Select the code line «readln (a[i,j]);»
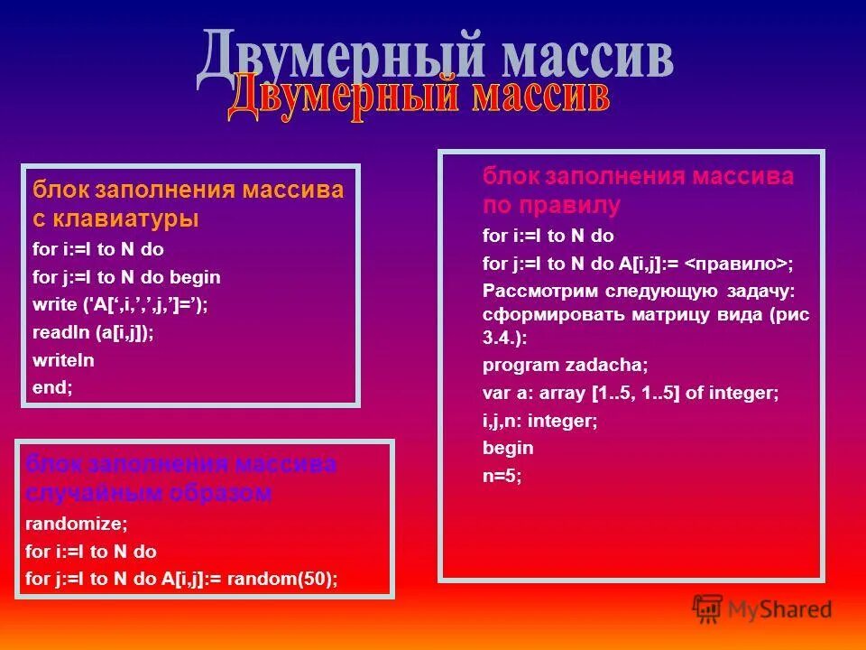(93, 332)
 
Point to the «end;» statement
(51, 387)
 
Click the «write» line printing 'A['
(120, 305)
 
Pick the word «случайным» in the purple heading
(83, 493)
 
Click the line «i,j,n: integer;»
(540, 421)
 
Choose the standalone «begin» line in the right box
(508, 448)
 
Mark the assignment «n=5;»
(502, 475)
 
